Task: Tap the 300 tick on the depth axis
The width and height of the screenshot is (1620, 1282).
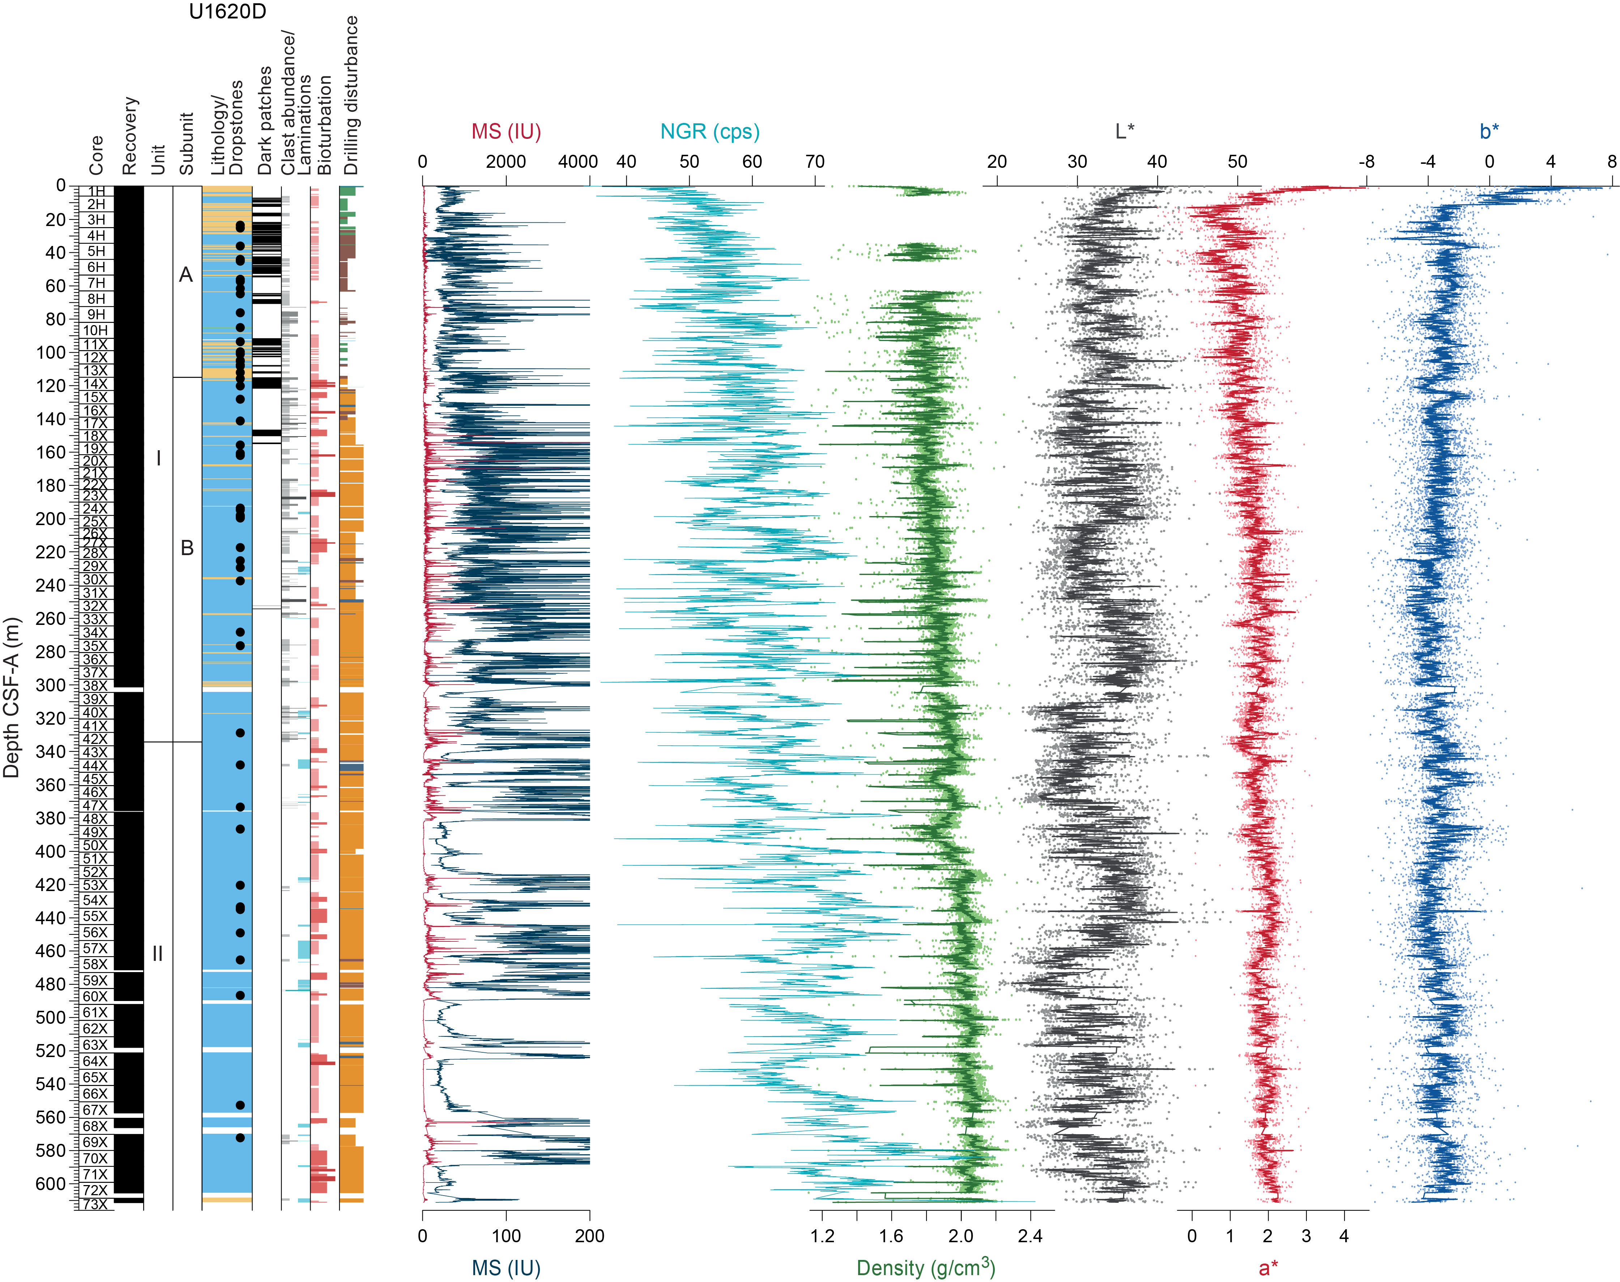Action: coord(51,685)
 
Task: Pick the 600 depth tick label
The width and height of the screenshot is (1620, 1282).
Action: coord(51,1184)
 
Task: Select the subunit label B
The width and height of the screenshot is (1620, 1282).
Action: coord(187,548)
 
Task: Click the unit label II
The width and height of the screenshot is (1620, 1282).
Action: coord(158,953)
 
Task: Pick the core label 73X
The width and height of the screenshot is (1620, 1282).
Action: coord(94,1204)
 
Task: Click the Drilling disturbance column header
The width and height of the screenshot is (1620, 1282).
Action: coord(350,95)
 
